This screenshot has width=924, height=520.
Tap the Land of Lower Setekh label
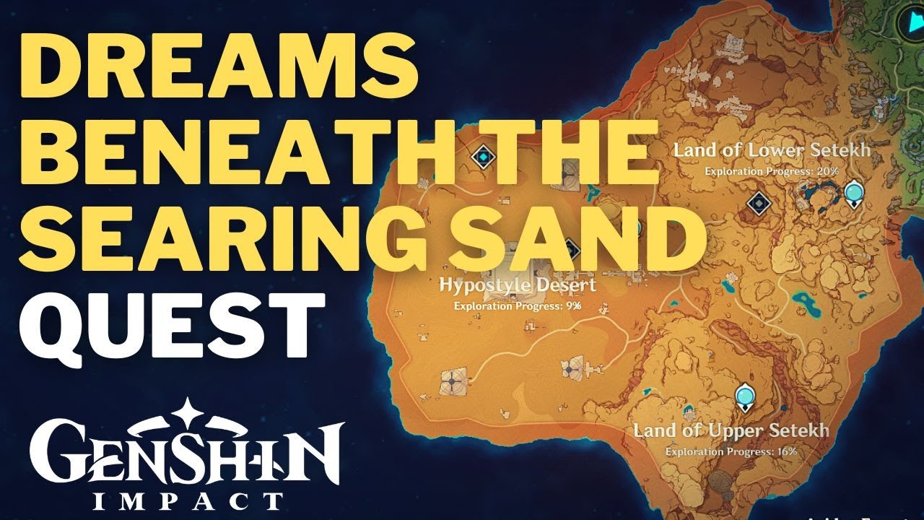[x=772, y=151]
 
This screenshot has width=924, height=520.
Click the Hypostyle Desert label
[x=518, y=285]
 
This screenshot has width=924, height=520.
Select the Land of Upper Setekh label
[x=731, y=430]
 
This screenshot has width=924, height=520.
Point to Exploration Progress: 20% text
[x=772, y=171]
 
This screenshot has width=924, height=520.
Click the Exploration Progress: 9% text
[x=518, y=305]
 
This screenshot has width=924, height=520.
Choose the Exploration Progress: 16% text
[x=731, y=451]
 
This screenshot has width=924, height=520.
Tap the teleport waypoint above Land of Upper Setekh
[x=744, y=396]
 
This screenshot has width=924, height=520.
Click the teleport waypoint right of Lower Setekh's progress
[x=854, y=193]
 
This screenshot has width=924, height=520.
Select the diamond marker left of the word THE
[x=482, y=156]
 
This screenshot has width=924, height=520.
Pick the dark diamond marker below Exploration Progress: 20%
[x=757, y=204]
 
